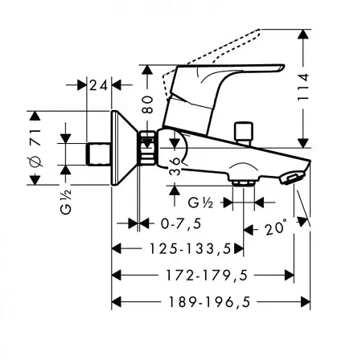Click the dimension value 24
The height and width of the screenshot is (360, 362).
[99, 84]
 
